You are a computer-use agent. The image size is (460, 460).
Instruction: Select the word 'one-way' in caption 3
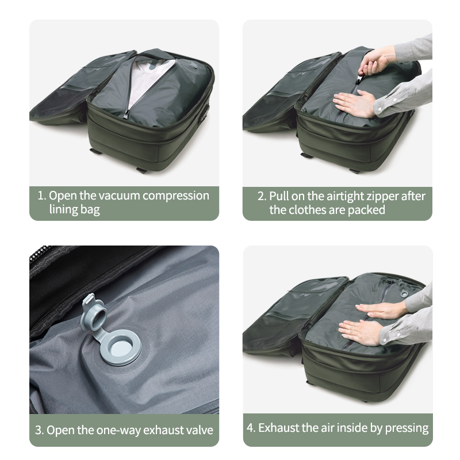[118, 431]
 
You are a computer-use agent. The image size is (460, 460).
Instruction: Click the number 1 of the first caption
[40, 195]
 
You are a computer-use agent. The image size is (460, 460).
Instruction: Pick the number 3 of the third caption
[39, 430]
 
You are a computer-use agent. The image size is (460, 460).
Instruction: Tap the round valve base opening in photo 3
[121, 347]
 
